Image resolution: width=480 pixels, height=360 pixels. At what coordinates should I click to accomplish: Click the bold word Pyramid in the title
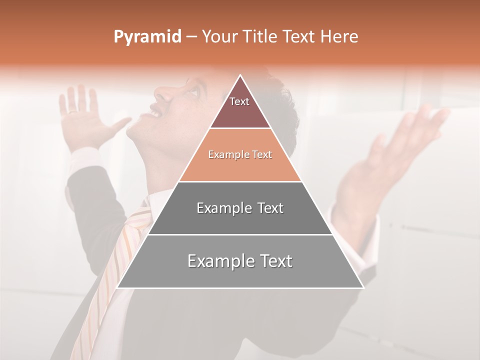coord(147,37)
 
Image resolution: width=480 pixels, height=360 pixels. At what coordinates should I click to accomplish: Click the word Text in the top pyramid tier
coord(239,101)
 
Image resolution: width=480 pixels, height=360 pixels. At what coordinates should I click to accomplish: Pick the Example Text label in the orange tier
coord(240,155)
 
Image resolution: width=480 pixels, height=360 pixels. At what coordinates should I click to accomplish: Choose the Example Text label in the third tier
coord(240,208)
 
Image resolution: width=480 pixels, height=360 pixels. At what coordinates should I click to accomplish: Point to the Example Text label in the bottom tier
coord(240,261)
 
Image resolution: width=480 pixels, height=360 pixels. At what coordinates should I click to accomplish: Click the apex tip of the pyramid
coord(240,75)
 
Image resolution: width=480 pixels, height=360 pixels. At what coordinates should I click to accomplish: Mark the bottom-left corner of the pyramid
coord(118,287)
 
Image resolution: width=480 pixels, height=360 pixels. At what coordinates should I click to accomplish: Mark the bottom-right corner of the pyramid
coord(363,287)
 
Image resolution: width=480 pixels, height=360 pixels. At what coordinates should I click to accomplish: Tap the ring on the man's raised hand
coord(73,111)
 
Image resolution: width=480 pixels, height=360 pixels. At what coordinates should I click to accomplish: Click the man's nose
coord(161,93)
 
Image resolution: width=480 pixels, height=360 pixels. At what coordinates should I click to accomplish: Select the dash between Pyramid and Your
coord(191,37)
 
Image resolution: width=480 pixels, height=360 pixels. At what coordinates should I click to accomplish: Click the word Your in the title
coord(219,37)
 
